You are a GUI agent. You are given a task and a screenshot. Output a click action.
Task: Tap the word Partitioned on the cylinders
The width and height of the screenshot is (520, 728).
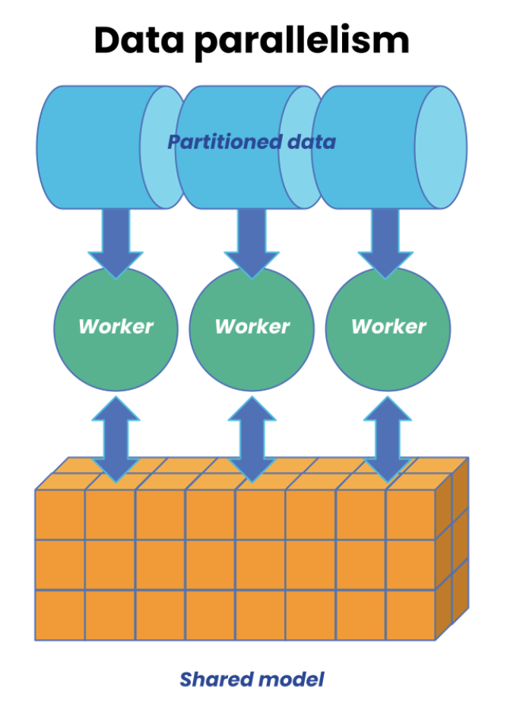[x=221, y=142]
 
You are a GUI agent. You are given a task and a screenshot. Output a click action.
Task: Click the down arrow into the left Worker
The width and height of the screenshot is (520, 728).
[x=116, y=239]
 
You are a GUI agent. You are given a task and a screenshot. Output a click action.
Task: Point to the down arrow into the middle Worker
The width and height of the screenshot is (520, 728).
[x=252, y=239]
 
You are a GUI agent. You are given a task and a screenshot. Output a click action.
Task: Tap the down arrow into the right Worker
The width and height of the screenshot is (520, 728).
[x=385, y=239]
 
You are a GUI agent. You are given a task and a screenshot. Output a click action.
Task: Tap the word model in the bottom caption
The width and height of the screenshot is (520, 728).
[x=290, y=679]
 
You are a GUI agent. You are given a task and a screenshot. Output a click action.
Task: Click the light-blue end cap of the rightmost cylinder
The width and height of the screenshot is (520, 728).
[x=441, y=147]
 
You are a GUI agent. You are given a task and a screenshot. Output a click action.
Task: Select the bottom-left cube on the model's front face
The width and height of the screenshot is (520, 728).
[x=60, y=615]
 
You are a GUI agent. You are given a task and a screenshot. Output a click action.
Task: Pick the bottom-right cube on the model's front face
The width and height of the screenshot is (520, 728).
[x=411, y=615]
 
